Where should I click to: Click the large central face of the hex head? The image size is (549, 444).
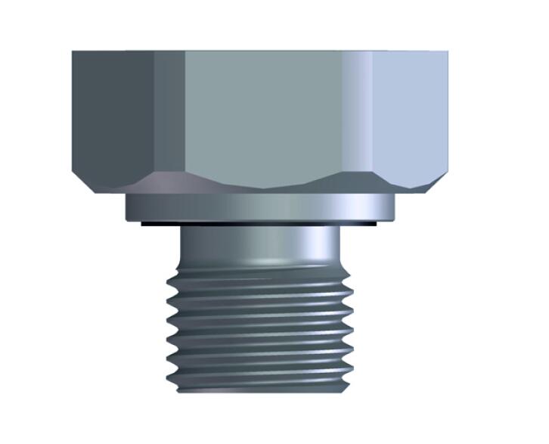(x=261, y=113)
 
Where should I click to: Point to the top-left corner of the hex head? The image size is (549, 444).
(x=73, y=52)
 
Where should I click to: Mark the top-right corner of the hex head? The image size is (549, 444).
(x=448, y=52)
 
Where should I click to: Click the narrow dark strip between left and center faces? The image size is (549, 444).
(x=169, y=113)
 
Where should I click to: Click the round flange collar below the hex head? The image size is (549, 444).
(x=261, y=207)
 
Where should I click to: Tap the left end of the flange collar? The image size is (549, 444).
(x=129, y=207)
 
